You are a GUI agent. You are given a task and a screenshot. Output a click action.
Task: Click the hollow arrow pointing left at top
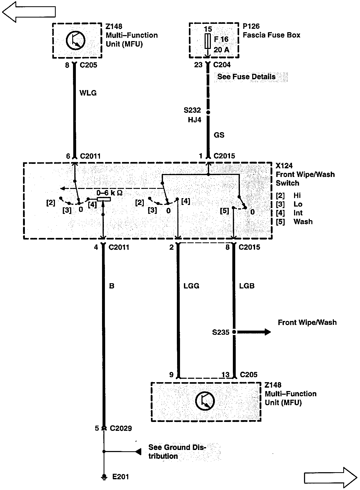[x=29, y=12]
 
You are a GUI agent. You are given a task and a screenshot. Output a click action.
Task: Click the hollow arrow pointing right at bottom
[x=330, y=477]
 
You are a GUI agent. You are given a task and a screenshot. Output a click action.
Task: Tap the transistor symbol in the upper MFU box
[x=76, y=40]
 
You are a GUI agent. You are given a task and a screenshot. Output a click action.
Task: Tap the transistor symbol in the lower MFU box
[x=205, y=401]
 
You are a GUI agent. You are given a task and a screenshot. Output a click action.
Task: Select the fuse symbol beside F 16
[x=208, y=41]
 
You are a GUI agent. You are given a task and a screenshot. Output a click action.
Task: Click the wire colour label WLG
[x=88, y=93]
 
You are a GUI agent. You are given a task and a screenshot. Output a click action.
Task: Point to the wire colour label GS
[x=219, y=135]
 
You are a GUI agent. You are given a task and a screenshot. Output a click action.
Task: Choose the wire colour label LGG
[x=191, y=286]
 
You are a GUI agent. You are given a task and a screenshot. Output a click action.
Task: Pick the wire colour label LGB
[x=247, y=286]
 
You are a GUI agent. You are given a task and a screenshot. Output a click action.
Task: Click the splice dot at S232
[x=208, y=112]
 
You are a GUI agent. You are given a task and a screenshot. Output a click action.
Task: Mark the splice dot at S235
[x=234, y=332]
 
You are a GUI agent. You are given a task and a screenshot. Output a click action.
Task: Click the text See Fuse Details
[x=246, y=77]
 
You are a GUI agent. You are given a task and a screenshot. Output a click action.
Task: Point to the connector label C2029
[x=121, y=428]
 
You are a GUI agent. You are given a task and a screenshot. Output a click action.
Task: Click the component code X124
[x=284, y=166]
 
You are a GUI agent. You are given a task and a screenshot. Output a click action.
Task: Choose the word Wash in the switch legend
[x=303, y=222]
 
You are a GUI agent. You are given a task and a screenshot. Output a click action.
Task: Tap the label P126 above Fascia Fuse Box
[x=251, y=26]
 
